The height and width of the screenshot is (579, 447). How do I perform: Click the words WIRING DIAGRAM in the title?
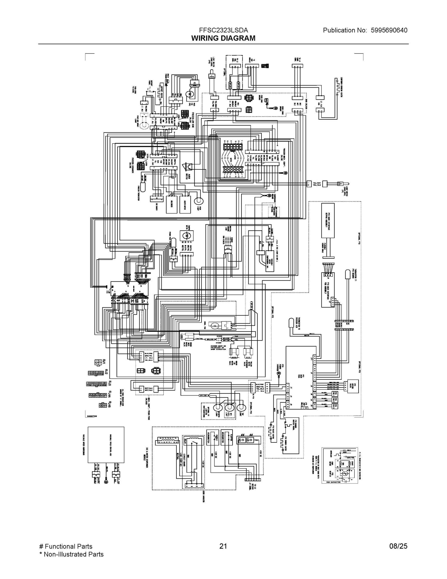pos(223,38)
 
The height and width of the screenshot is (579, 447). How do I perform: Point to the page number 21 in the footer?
pos(223,546)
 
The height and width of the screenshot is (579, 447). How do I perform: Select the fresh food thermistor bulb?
pos(174,243)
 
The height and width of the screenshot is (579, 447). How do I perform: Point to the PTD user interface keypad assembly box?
pos(328,220)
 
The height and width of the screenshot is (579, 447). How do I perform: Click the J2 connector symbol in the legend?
pos(96,373)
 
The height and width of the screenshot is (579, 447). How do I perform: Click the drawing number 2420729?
pos(92,416)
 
